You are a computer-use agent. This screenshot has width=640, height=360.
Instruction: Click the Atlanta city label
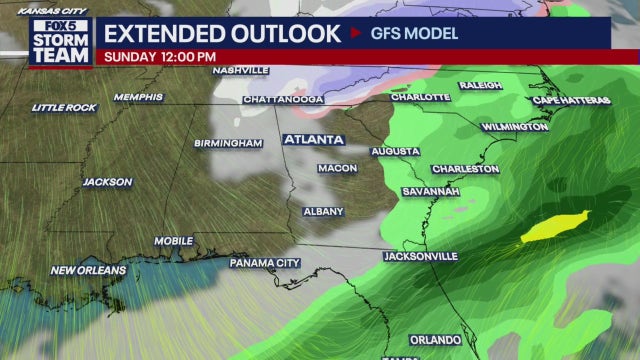313,139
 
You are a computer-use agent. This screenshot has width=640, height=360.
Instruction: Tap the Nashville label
240,71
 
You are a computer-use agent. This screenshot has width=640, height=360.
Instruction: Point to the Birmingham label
228,143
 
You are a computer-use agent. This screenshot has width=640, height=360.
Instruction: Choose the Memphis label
137,97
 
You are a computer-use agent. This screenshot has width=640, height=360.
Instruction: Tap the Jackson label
107,182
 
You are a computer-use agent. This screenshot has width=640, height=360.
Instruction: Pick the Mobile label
173,241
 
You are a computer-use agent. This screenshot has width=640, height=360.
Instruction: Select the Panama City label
265,263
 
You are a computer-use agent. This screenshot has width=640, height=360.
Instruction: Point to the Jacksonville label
420,257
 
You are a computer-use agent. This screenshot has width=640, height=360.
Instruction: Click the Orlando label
435,340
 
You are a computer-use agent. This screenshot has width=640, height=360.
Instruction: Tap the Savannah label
431,191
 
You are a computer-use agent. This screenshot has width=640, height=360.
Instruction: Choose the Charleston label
465,169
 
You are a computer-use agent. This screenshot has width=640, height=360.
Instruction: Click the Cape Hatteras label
567,100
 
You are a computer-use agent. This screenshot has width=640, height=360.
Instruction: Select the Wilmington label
514,127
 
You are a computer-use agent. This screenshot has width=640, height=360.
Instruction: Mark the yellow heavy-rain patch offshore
555,225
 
